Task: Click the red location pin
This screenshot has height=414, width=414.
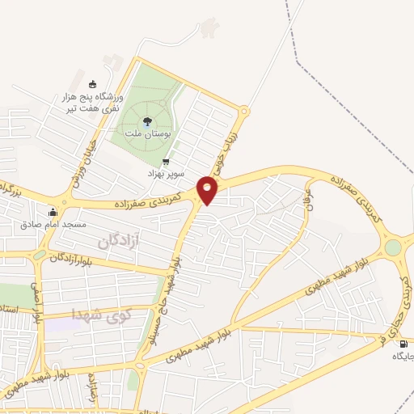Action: pos(209,190)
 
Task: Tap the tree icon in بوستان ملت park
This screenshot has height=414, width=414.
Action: pos(157,121)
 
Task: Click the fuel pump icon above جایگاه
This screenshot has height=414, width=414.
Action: pos(403,344)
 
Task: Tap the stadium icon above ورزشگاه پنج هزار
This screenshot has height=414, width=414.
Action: pos(91,84)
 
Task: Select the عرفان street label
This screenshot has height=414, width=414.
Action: pos(308,200)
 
